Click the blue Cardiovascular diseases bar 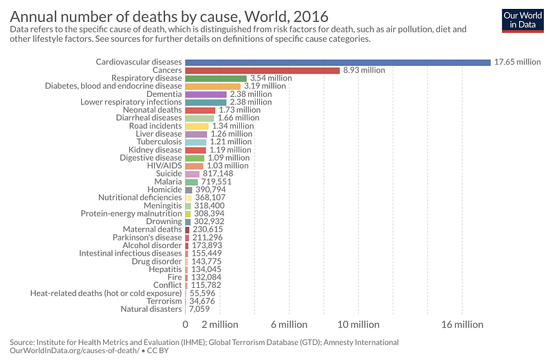[338, 62]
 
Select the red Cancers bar [263, 70]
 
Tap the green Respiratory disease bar [216, 78]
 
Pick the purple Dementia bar [206, 94]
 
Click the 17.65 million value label [518, 62]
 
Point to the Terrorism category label [164, 301]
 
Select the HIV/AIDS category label [164, 166]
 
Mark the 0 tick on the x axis [186, 324]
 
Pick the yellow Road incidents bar [197, 126]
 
